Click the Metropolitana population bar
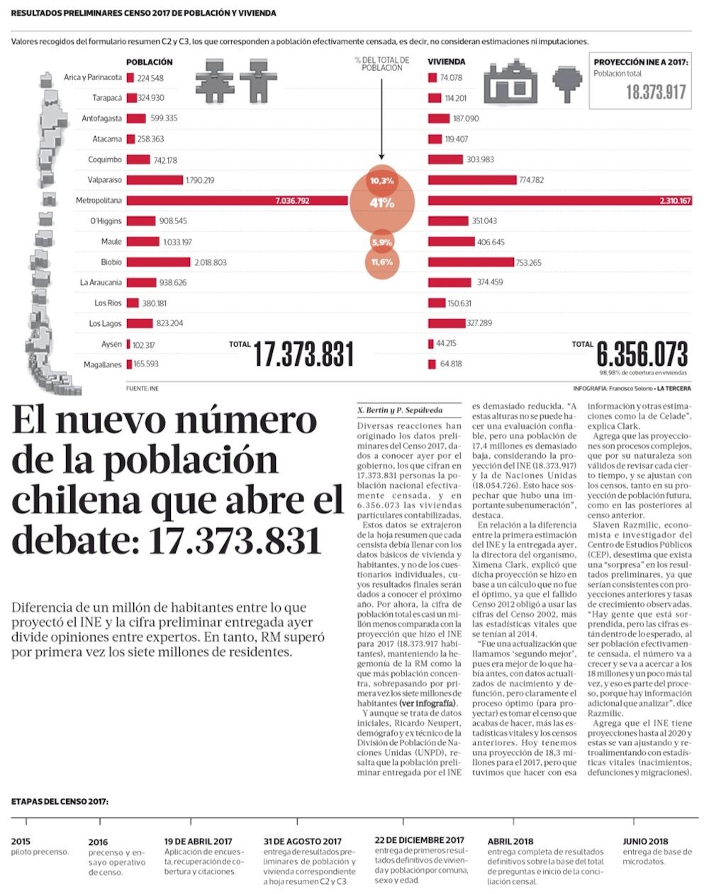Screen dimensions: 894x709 pyautogui.click(x=237, y=201)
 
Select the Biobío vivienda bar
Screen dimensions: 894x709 pyautogui.click(x=471, y=262)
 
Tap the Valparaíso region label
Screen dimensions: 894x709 pyautogui.click(x=104, y=180)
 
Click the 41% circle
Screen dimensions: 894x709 pyautogui.click(x=381, y=203)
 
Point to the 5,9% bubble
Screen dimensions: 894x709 pyautogui.click(x=381, y=242)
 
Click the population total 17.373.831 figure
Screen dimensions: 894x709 pyautogui.click(x=303, y=354)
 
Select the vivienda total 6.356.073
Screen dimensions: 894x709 pyautogui.click(x=642, y=353)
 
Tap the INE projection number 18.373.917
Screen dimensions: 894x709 pyautogui.click(x=655, y=92)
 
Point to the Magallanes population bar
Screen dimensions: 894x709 pyautogui.click(x=129, y=364)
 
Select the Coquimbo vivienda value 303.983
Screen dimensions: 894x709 pyautogui.click(x=480, y=160)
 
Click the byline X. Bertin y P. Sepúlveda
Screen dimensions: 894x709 pyautogui.click(x=389, y=410)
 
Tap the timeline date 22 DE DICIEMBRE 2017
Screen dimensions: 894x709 pyautogui.click(x=419, y=840)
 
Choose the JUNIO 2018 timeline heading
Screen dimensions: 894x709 pyautogui.click(x=645, y=841)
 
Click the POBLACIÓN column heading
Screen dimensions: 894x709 pyautogui.click(x=149, y=62)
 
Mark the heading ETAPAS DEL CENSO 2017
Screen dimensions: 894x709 pyautogui.click(x=60, y=801)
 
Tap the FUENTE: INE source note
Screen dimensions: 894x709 pyautogui.click(x=143, y=389)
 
